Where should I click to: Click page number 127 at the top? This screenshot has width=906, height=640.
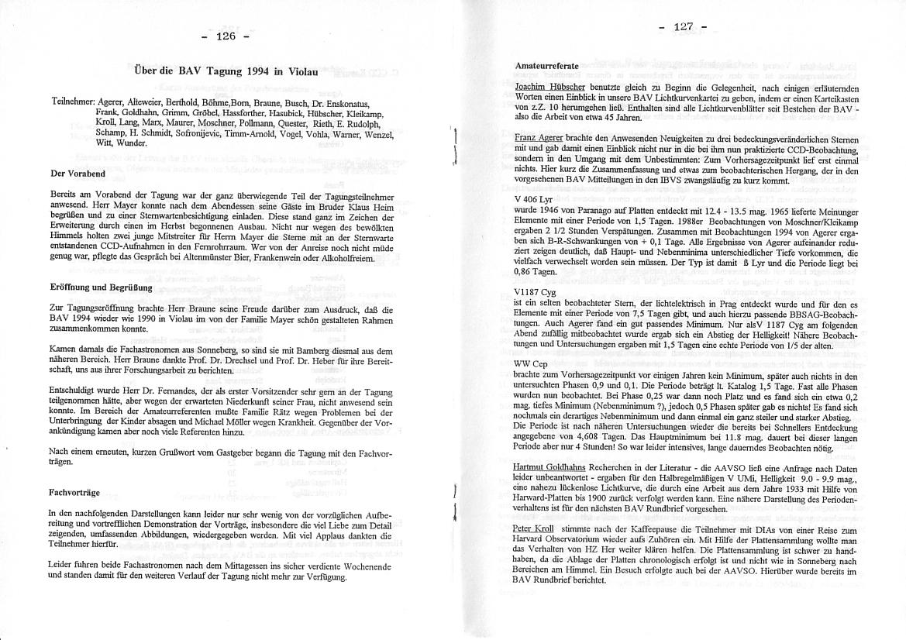[x=683, y=26]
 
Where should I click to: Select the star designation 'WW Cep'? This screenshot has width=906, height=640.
[x=530, y=362]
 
